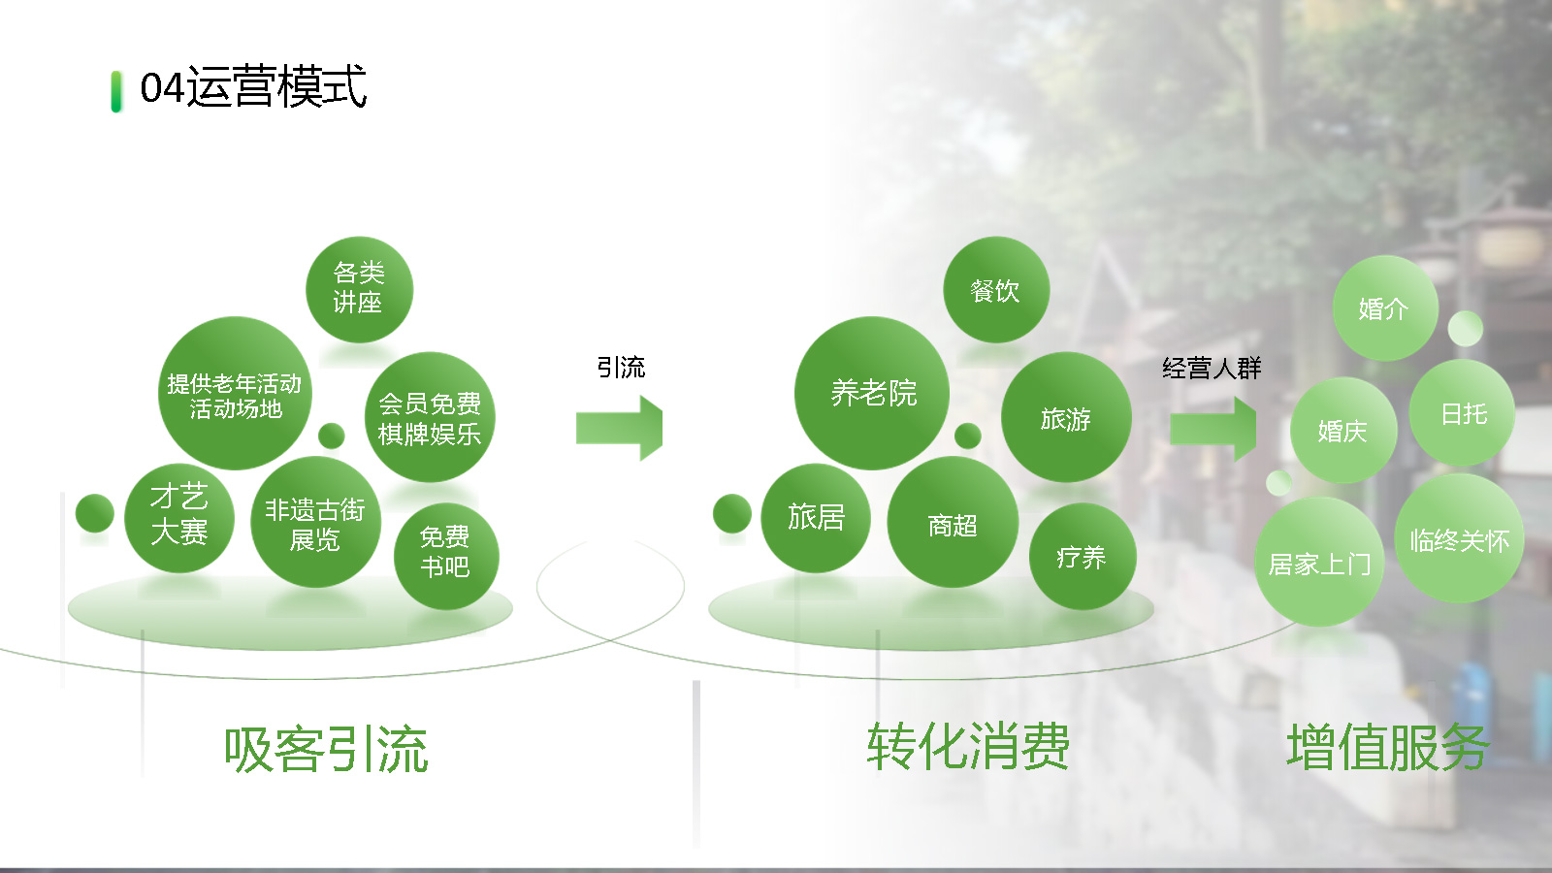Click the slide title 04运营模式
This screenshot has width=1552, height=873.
(x=253, y=87)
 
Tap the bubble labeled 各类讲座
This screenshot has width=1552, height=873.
(x=359, y=290)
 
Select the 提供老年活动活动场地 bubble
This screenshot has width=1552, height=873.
(x=235, y=394)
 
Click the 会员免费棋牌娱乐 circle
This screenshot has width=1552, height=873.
(x=430, y=417)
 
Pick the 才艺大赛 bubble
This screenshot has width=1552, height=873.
(x=179, y=518)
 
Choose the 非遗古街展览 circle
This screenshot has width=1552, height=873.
(x=315, y=523)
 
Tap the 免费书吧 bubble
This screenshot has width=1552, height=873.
(x=446, y=557)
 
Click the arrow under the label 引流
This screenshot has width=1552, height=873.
(x=620, y=428)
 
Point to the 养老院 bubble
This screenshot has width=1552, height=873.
(x=872, y=394)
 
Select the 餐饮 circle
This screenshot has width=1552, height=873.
(x=995, y=290)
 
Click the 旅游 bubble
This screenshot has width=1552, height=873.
(x=1066, y=417)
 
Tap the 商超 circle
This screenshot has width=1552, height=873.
(x=953, y=523)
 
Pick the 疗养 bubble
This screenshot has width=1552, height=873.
(x=1083, y=557)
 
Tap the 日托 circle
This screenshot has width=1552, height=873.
(x=1462, y=413)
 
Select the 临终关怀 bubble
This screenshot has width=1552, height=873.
(x=1459, y=538)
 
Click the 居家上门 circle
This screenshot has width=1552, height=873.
(x=1320, y=562)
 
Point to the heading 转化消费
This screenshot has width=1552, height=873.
(x=968, y=747)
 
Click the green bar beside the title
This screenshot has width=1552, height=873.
(x=116, y=91)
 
